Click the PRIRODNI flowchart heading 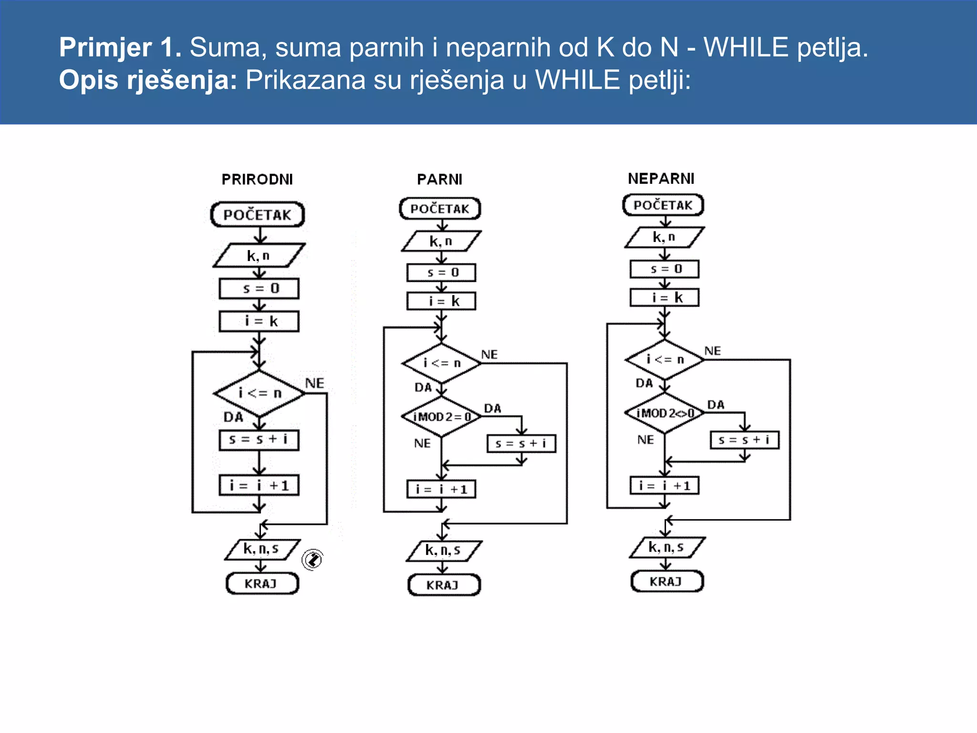point(257,179)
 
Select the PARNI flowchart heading point(439,179)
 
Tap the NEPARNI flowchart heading point(661,178)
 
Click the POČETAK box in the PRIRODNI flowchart point(257,214)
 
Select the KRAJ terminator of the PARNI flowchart point(444,585)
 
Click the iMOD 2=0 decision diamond point(442,417)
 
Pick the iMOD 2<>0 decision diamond point(665,413)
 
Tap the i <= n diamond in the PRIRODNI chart point(259,393)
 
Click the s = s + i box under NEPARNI point(744,440)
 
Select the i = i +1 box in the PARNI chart point(441,489)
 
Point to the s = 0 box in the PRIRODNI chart point(259,289)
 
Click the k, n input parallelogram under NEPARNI point(664,237)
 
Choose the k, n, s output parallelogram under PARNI point(444,551)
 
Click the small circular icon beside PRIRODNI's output point(313,559)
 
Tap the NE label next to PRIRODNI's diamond point(314,383)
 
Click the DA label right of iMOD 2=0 point(492,408)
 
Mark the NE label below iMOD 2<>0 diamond point(645,440)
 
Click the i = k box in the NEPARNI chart point(665,298)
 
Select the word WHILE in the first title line point(746,47)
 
